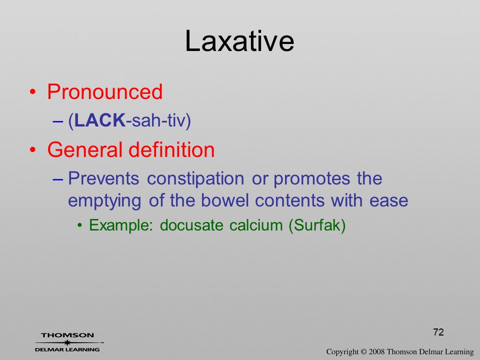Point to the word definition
pos(171,149)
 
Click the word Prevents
pos(103,178)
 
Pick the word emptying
pos(104,201)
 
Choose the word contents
pos(289,201)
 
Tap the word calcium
pos(256,225)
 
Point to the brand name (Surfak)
pos(317,225)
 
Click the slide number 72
pos(438,332)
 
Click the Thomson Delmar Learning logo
pos(67,342)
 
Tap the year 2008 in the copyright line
pos(376,352)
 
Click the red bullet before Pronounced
pos(33,92)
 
